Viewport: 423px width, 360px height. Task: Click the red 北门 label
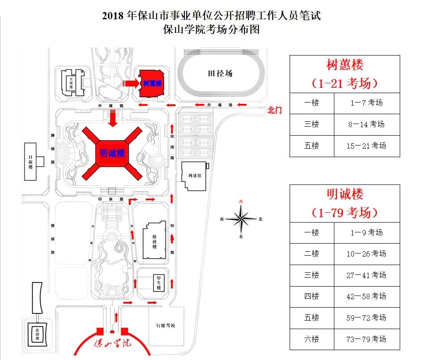coord(274,110)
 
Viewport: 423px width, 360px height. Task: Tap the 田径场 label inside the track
coord(220,73)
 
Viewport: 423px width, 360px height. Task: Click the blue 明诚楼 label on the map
coord(112,153)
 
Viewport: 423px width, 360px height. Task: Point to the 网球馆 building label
coord(194,176)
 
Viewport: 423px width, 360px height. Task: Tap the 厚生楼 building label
coord(158,283)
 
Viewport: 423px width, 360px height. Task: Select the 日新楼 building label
coord(30,162)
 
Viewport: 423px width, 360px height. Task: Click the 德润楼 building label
coord(37,334)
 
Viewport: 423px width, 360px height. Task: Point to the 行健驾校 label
coord(166,325)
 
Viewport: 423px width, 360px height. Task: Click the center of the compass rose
coord(241,219)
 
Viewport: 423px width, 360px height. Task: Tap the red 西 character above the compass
coord(241,202)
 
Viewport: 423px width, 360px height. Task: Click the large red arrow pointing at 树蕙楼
coord(130,83)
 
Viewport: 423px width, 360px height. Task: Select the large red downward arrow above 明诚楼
coord(112,118)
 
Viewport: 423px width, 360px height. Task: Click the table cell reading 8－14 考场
coord(367,124)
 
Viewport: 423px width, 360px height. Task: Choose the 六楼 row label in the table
coord(312,339)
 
